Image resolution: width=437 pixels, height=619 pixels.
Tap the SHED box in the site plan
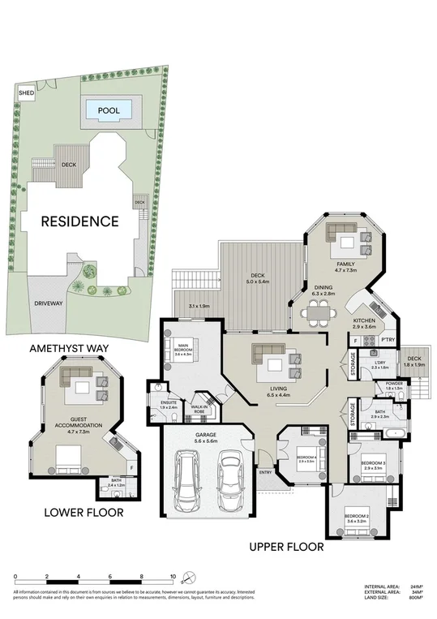point(26,93)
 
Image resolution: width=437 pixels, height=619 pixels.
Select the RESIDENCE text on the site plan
point(79,221)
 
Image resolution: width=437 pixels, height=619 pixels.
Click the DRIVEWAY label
point(49,303)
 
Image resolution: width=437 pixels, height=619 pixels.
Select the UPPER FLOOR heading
point(287,547)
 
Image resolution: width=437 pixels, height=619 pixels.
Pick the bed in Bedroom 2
point(358,527)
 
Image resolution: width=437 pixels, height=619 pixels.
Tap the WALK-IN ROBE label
point(199,410)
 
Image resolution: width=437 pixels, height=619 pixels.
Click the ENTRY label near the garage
point(265,471)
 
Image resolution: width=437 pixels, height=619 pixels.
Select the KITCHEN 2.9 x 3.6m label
point(362,325)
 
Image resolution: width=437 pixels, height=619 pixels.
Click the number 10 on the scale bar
point(172,577)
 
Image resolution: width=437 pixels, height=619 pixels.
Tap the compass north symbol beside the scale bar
point(189,578)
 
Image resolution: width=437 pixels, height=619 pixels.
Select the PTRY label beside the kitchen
point(388,339)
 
